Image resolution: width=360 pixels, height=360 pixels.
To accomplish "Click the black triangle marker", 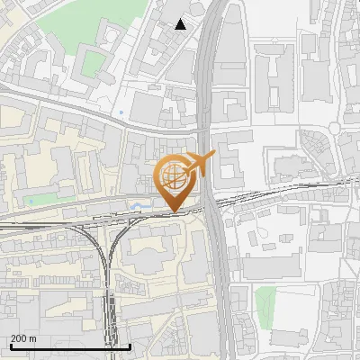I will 182,24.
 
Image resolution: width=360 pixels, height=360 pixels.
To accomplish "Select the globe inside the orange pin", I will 174,176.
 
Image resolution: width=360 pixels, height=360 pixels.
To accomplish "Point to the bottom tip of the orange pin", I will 175,211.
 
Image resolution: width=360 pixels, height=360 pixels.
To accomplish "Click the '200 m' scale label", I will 22,338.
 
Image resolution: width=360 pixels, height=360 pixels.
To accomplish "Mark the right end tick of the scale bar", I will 130,346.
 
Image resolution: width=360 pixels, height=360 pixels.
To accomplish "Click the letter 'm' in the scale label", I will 32,338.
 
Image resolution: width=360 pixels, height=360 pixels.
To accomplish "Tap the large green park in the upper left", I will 94,62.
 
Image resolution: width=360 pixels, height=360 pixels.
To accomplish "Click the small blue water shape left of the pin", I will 138,206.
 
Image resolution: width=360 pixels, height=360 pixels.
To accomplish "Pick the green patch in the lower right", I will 264,303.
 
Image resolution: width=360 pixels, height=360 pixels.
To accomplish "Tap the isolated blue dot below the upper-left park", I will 120,112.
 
